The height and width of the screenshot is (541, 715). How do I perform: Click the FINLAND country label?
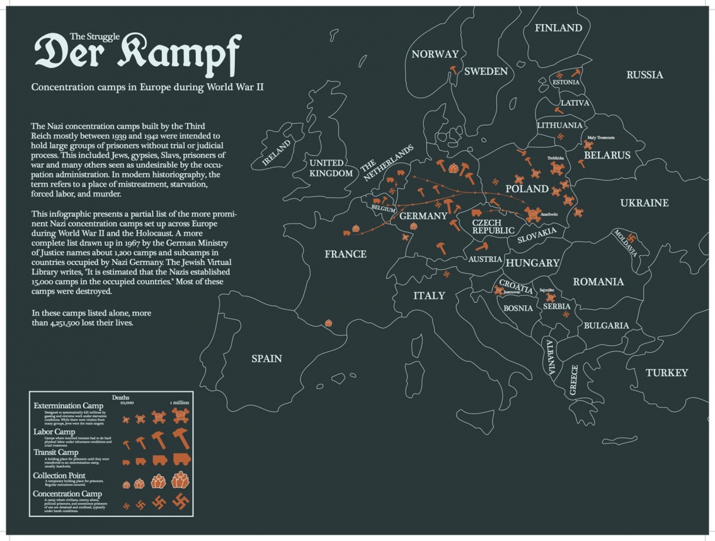pyautogui.click(x=558, y=28)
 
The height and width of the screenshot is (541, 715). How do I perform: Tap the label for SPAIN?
pyautogui.click(x=266, y=358)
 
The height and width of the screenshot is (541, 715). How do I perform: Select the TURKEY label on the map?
pyautogui.click(x=666, y=373)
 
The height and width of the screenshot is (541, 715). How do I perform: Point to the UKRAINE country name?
pyautogui.click(x=644, y=203)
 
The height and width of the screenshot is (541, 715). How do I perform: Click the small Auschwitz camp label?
pyautogui.click(x=549, y=215)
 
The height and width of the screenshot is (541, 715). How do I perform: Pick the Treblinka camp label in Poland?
pyautogui.click(x=555, y=158)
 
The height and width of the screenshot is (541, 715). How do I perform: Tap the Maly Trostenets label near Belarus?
pyautogui.click(x=600, y=137)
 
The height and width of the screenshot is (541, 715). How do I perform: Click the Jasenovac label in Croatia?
pyautogui.click(x=511, y=293)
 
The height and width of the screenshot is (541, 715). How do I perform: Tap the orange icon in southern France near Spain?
pyautogui.click(x=328, y=323)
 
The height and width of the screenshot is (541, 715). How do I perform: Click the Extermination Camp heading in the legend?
pyautogui.click(x=68, y=405)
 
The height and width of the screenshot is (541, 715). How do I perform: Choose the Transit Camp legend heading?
pyautogui.click(x=55, y=452)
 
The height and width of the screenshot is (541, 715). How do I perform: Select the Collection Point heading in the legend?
pyautogui.click(x=59, y=475)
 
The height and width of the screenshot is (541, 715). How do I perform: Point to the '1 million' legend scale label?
pyautogui.click(x=180, y=402)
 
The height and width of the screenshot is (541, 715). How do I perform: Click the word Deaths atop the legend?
pyautogui.click(x=120, y=397)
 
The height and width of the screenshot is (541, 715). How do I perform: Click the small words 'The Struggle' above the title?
pyautogui.click(x=94, y=37)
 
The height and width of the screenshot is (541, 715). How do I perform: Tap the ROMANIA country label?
pyautogui.click(x=598, y=282)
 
